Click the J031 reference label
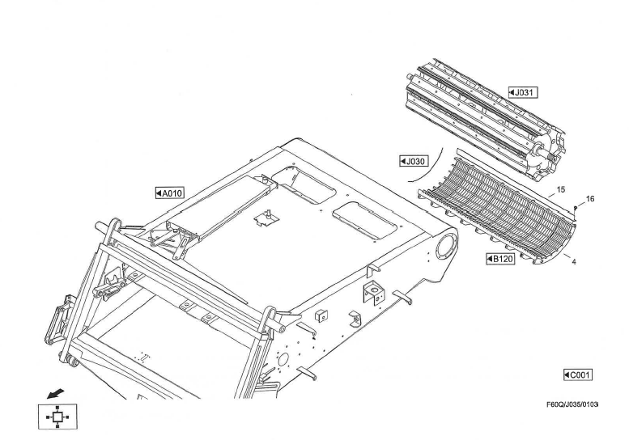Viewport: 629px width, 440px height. [x=523, y=93]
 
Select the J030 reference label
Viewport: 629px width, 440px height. [x=414, y=161]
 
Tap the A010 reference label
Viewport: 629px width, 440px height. [x=170, y=193]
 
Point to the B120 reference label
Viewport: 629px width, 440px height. [x=500, y=259]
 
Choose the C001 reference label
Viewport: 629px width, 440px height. [x=578, y=374]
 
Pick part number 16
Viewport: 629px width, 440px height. [x=589, y=199]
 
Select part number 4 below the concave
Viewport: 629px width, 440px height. [x=573, y=263]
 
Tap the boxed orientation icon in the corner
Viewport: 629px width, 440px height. [x=55, y=417]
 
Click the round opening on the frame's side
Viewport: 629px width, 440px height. [x=444, y=245]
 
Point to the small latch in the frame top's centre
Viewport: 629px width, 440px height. [x=263, y=217]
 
